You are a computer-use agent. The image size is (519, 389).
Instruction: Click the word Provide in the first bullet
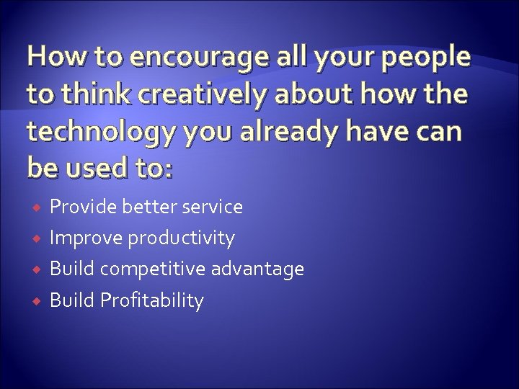click(x=79, y=207)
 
